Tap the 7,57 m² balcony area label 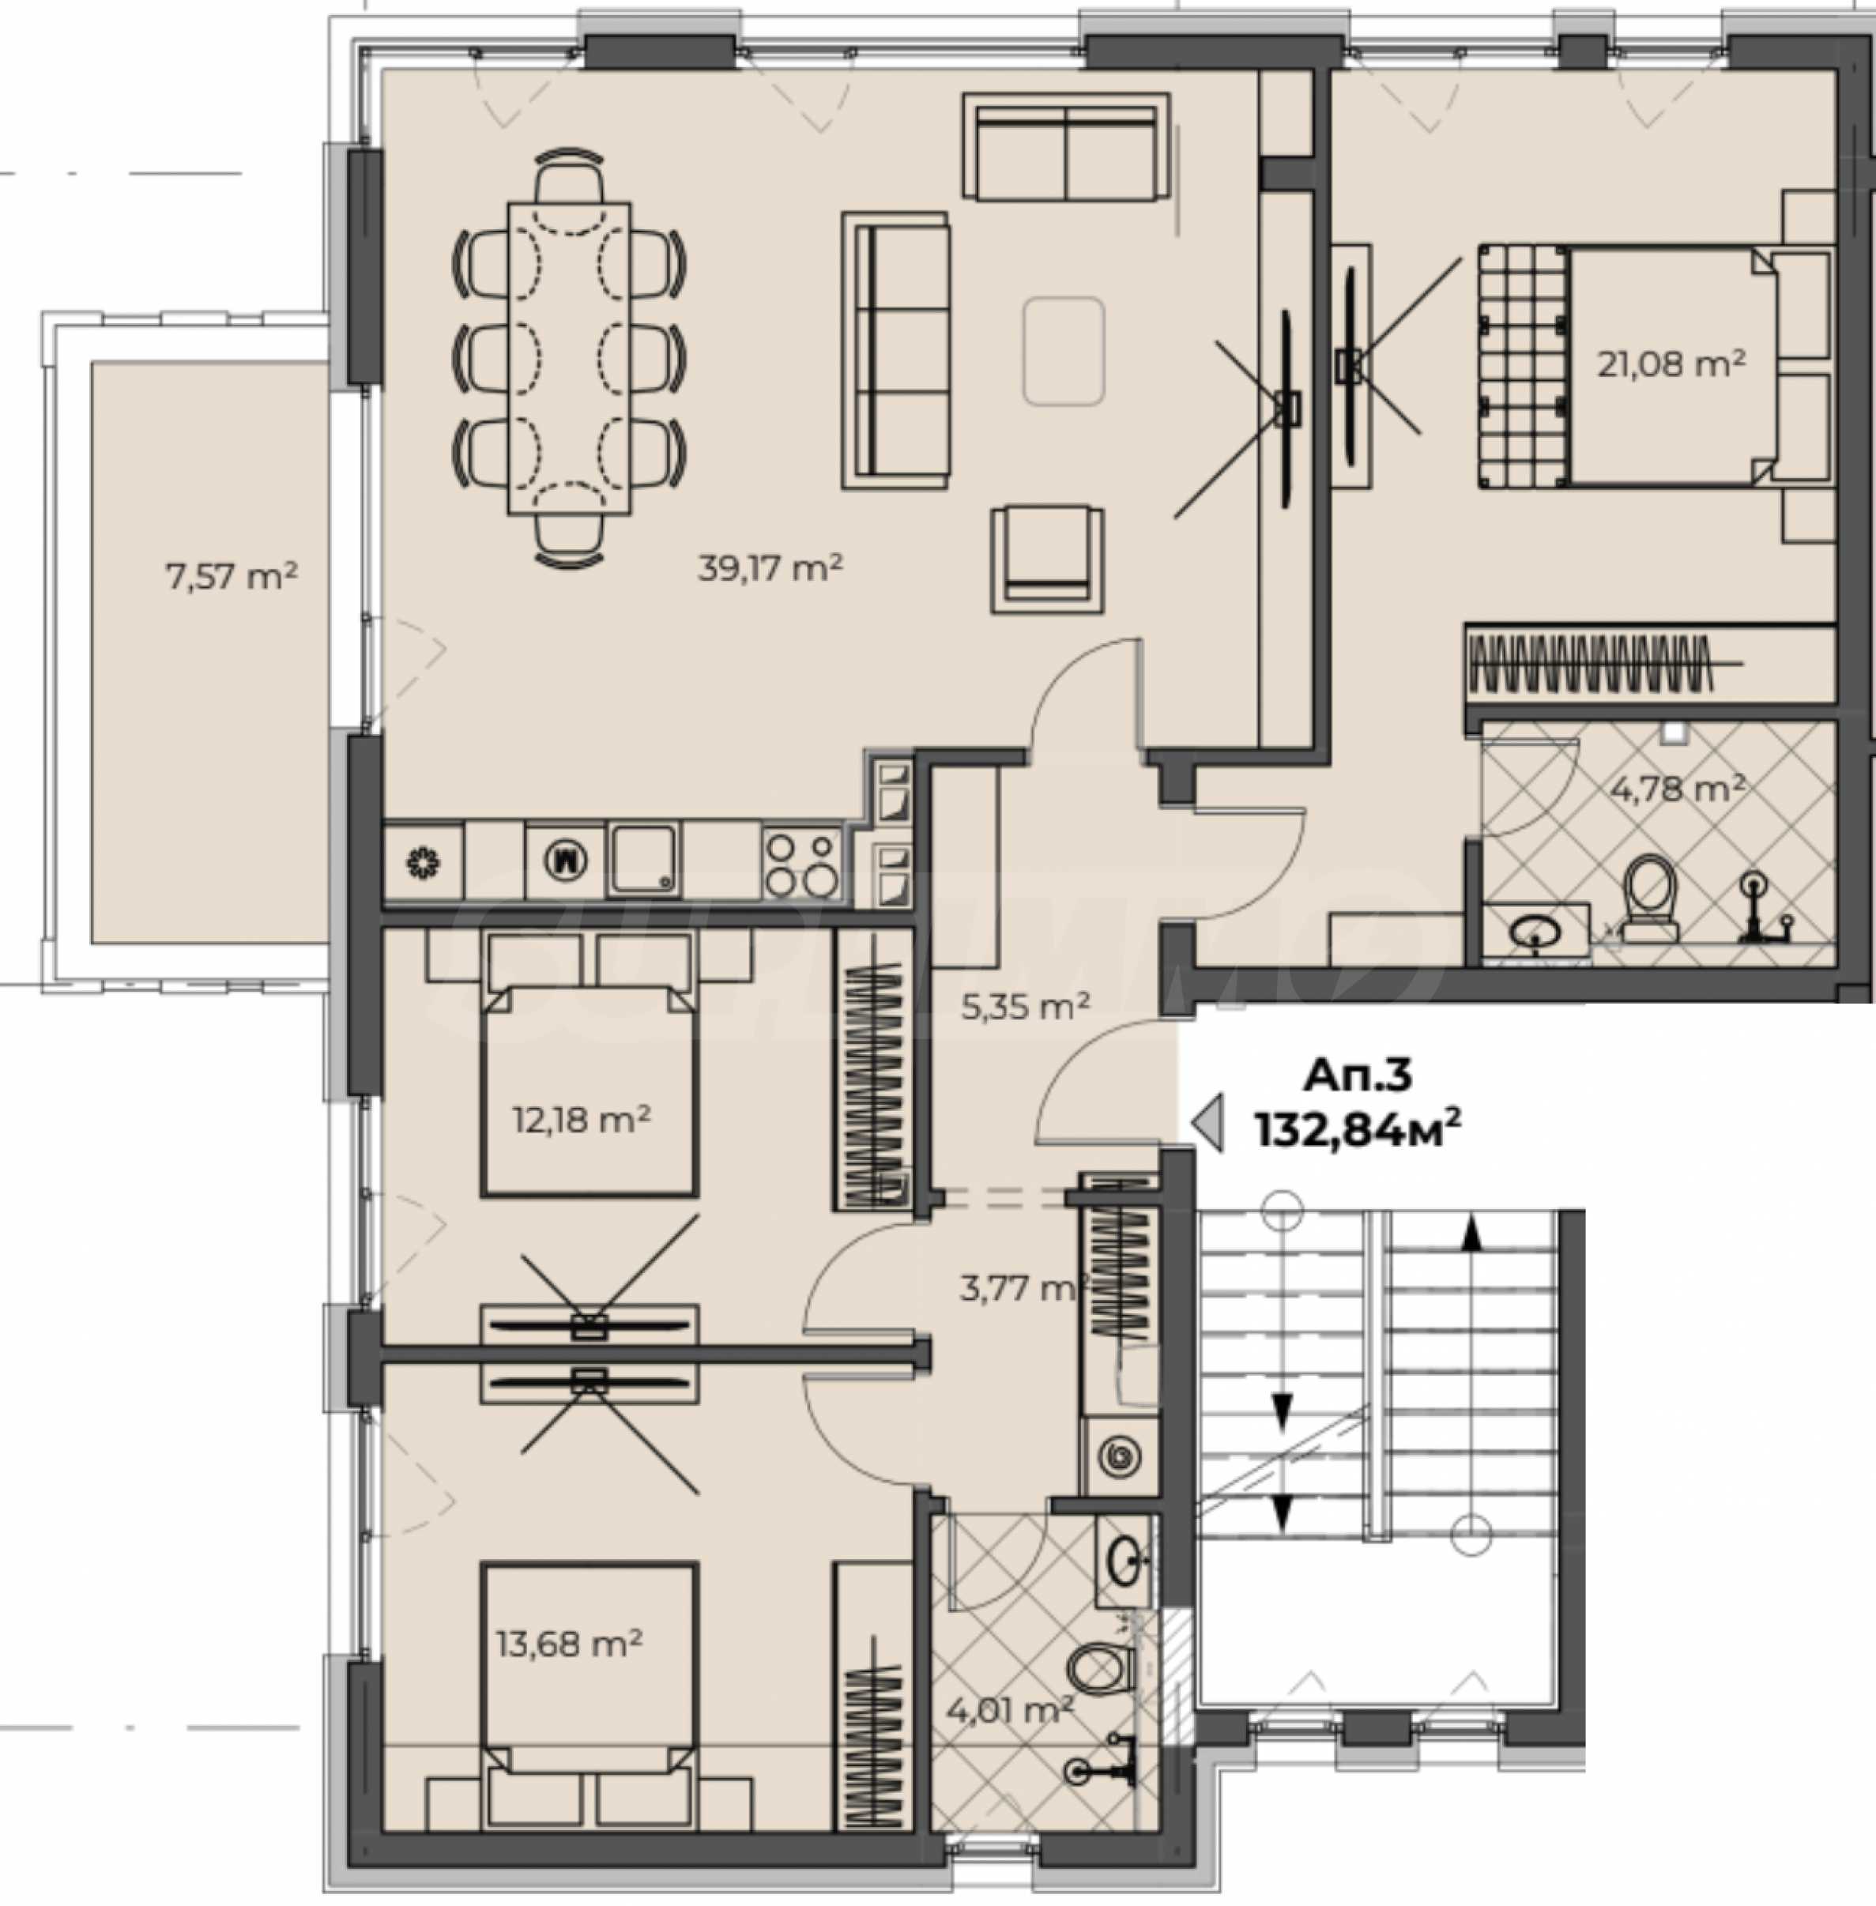(x=232, y=575)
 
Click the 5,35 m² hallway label (x=1025, y=1005)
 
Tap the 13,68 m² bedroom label (x=570, y=1643)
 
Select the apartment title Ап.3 (x=1357, y=1074)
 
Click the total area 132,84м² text (x=1357, y=1128)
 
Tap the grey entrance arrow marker (x=1208, y=1123)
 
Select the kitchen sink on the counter (x=643, y=861)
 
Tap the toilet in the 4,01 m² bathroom (x=1102, y=1668)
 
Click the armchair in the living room (x=1047, y=559)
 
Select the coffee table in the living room (x=1063, y=351)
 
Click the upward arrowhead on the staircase (x=1471, y=1233)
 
